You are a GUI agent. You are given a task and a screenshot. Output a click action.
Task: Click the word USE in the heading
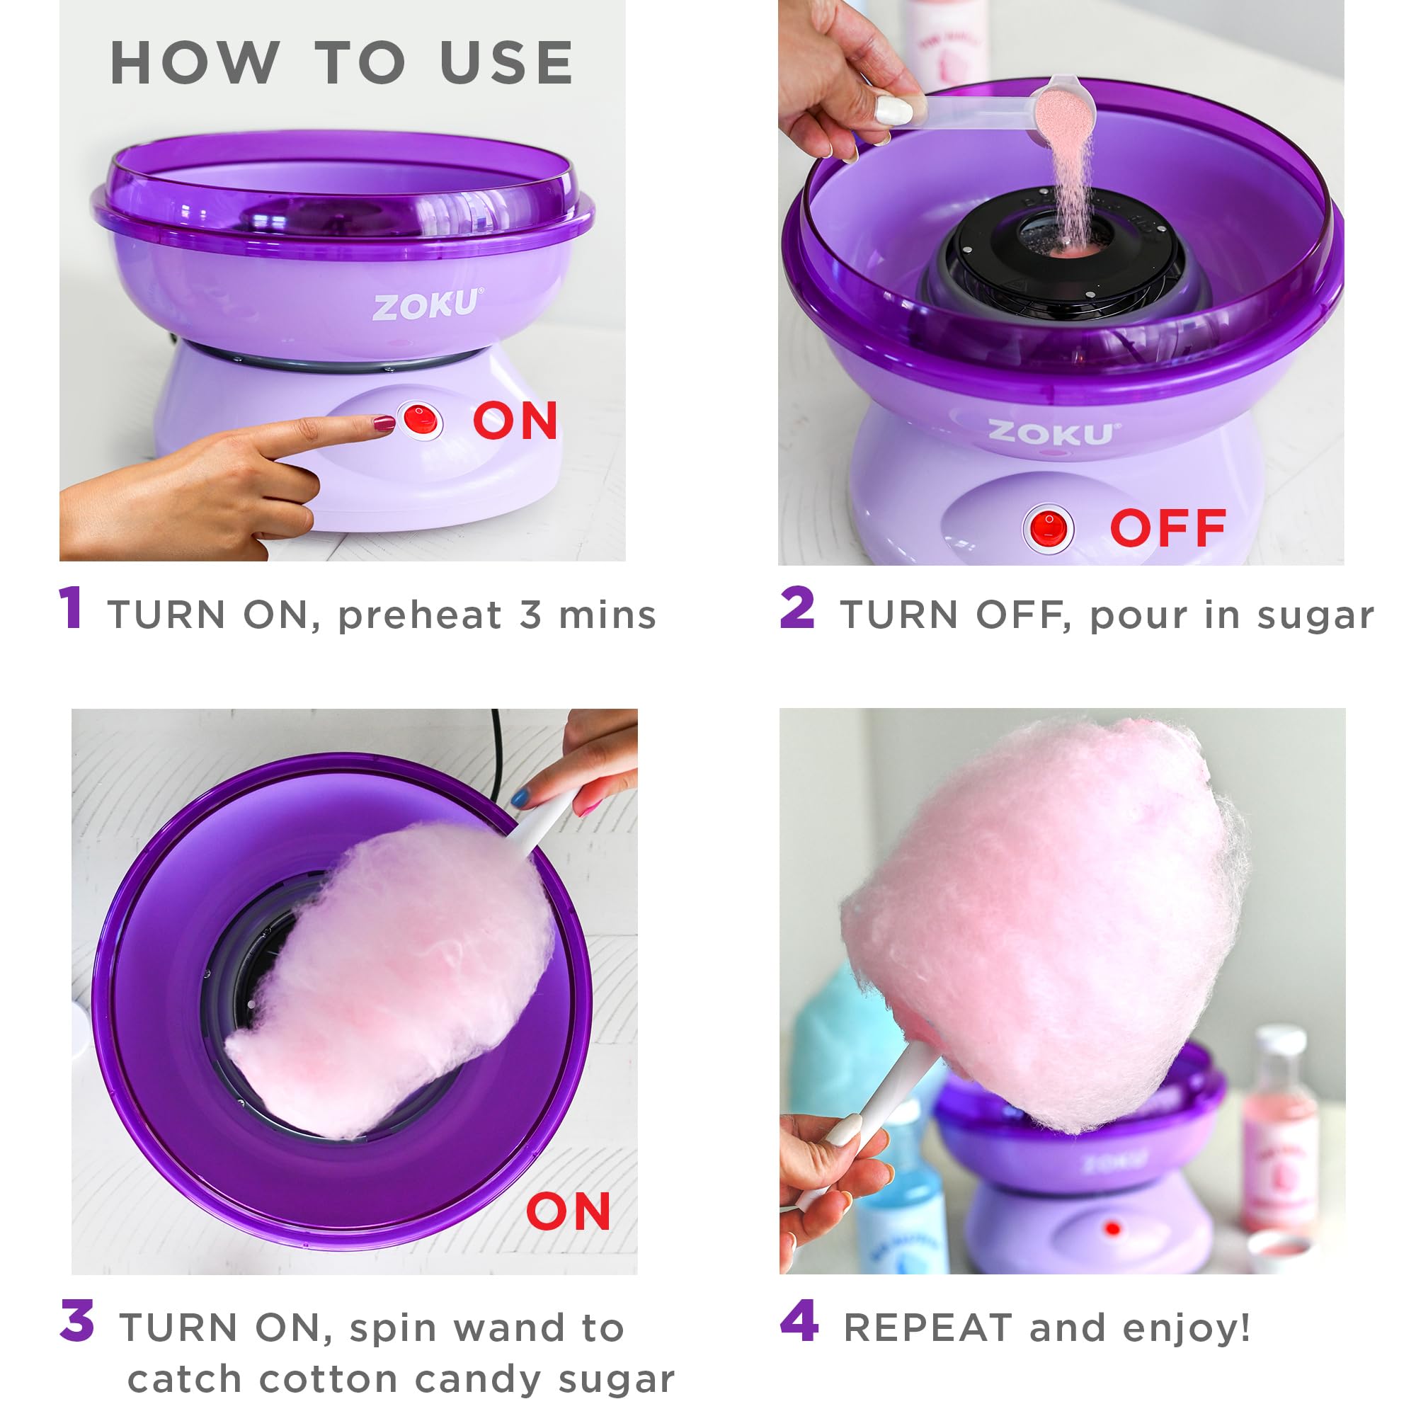pos(506,64)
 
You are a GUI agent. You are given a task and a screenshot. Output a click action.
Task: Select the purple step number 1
pos(71,607)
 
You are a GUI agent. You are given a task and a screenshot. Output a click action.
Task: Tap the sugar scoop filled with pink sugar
pos(1063,110)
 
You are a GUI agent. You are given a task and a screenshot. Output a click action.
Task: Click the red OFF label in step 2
pos(1168,527)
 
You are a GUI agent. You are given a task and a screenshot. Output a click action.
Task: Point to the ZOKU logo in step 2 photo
pos(1050,434)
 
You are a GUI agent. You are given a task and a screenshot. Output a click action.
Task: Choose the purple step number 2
pos(797,607)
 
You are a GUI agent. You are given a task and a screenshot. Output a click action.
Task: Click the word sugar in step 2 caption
pos(1315,616)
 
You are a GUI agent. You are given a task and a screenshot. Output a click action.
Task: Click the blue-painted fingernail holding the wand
pos(520,797)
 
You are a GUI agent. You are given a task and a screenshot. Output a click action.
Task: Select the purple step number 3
pos(78,1320)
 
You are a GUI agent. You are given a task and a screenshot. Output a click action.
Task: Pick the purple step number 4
pos(799,1320)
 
